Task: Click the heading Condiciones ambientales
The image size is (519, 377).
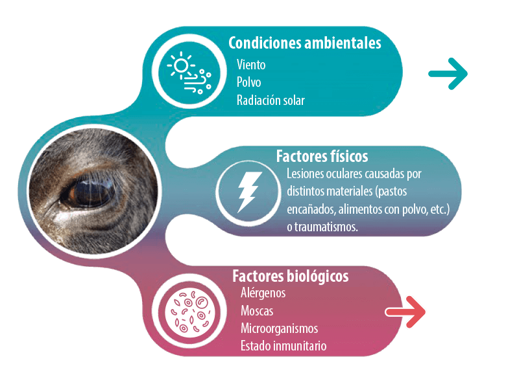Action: [x=304, y=43]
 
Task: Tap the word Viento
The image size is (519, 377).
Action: [x=251, y=65]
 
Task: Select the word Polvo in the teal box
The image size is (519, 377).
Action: [x=248, y=82]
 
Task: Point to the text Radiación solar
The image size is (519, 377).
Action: [x=271, y=100]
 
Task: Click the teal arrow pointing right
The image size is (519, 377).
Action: [x=448, y=74]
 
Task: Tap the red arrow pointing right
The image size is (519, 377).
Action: [x=405, y=312]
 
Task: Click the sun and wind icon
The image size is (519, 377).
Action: [x=189, y=73]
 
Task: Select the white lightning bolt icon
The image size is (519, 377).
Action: [x=250, y=192]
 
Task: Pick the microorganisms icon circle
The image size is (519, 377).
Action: [x=189, y=312]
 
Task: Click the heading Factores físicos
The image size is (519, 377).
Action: [x=322, y=156]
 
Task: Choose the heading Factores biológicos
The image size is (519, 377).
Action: [x=290, y=276]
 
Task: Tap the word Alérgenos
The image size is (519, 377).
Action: [x=263, y=293]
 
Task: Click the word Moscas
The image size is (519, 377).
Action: [x=257, y=311]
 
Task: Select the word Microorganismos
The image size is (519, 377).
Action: [x=280, y=328]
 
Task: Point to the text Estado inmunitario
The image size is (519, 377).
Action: [x=284, y=346]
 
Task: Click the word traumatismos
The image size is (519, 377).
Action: [x=326, y=227]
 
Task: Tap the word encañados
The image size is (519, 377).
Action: [x=311, y=209]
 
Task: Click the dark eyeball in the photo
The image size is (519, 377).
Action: [x=90, y=193]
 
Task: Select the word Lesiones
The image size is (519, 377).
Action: [x=305, y=174]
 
